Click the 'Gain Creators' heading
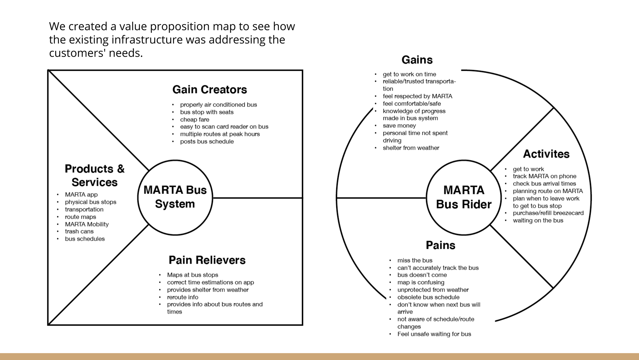coord(210,90)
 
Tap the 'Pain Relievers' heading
coord(207,260)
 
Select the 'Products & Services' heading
coord(95,176)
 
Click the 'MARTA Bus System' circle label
coord(175,197)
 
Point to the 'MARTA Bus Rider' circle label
coord(464,197)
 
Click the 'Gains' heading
coord(417,60)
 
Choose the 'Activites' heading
coord(546,154)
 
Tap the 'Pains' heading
coord(440,245)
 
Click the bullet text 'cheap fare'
coord(195,120)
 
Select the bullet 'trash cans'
coord(79,231)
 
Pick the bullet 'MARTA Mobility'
coord(87,224)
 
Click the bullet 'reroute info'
coord(183,297)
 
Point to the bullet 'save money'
coord(399,126)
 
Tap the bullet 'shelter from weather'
coord(411,148)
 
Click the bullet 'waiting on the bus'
coord(538,220)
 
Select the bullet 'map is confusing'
coord(421,282)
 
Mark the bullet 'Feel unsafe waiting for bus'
coord(434,334)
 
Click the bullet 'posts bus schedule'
coord(207,142)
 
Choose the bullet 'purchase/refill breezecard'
coord(548,213)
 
